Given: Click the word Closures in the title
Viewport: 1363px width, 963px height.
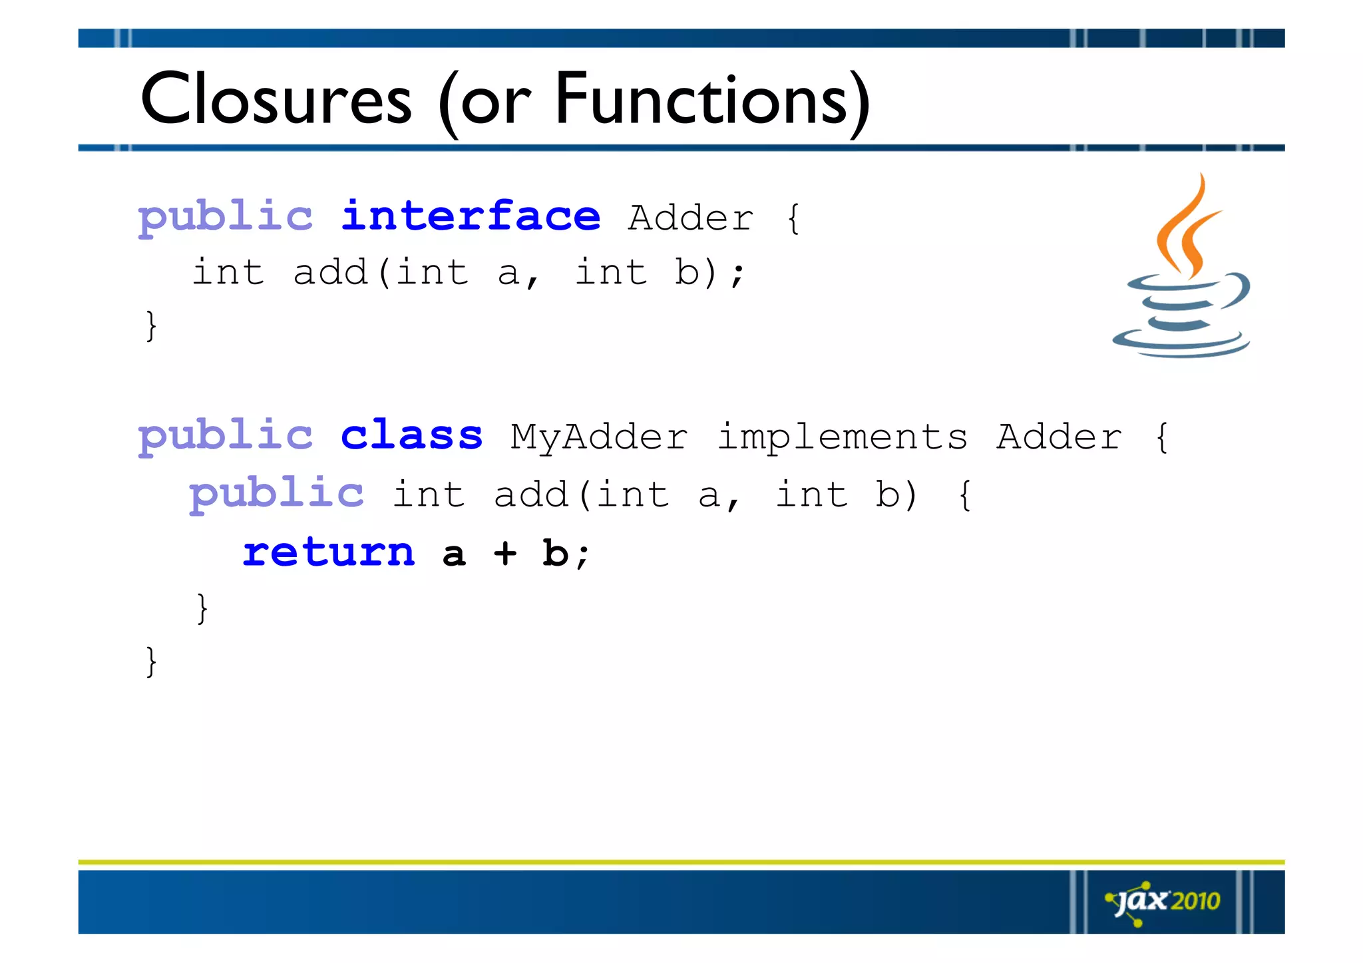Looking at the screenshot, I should pos(276,100).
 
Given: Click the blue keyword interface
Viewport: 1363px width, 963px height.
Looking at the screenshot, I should pos(471,217).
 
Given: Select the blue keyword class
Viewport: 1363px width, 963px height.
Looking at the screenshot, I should pos(411,436).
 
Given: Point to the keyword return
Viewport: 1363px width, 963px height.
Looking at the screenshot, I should pos(329,553).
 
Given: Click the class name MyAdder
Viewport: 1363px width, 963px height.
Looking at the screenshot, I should pos(599,438).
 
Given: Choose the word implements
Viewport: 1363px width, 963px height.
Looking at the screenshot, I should pos(842,438).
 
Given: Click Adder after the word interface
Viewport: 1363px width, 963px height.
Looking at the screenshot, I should pos(691,218).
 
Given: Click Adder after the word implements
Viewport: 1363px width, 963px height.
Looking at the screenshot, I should pos(1059,438).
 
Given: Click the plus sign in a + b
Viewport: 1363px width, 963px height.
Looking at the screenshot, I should pos(505,553).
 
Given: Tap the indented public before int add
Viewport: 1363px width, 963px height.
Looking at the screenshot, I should pos(276,494).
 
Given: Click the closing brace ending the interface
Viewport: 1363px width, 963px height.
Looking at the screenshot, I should pos(152,326).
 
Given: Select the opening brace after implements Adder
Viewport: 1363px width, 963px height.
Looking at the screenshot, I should pos(1162,438).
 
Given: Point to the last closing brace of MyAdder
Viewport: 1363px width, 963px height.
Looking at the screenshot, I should pos(152,662).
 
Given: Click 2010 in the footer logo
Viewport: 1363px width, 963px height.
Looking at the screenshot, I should pos(1195,902).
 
